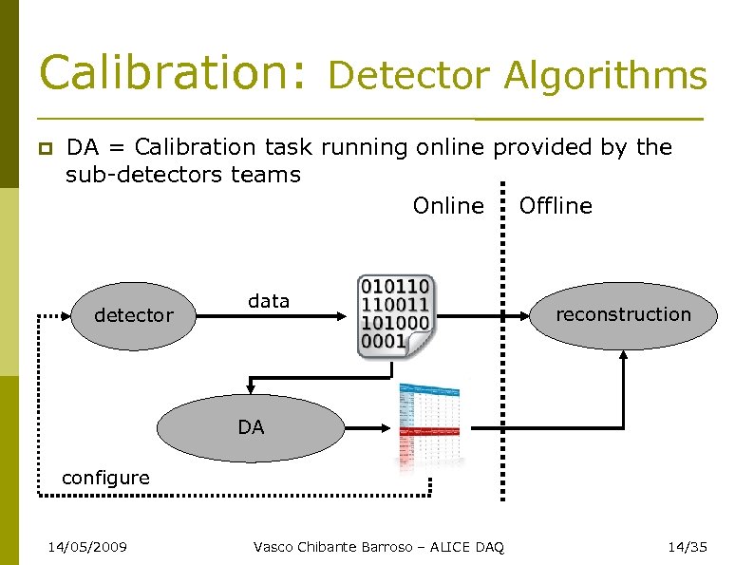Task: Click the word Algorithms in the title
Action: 605,75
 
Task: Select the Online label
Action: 448,206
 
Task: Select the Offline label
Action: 556,206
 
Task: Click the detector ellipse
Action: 134,315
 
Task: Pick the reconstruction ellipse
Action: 623,315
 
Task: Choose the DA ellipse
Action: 251,428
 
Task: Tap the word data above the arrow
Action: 268,301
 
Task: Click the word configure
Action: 105,478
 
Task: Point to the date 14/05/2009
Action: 88,546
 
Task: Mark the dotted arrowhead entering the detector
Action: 66,315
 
